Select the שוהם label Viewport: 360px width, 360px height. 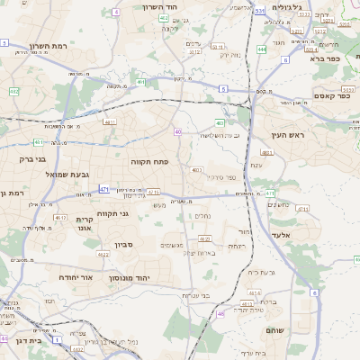click(274, 331)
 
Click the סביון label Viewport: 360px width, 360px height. click(124, 244)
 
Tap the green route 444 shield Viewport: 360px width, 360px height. click(261, 49)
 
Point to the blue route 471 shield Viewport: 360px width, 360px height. click(104, 189)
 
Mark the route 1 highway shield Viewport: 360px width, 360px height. click(57, 340)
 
